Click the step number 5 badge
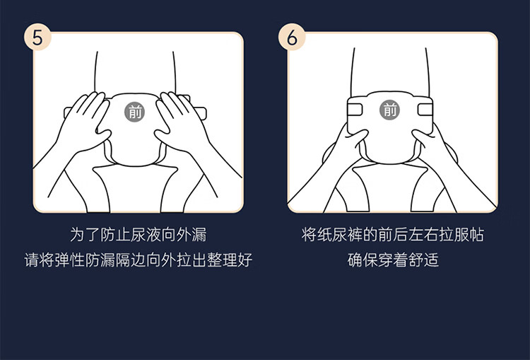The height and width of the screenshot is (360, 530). pyautogui.click(x=37, y=37)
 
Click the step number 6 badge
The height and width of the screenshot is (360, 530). pyautogui.click(x=292, y=37)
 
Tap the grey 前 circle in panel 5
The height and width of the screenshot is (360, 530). pyautogui.click(x=134, y=112)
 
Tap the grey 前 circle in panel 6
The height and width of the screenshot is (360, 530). pyautogui.click(x=389, y=110)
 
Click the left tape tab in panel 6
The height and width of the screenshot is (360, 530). pyautogui.click(x=355, y=110)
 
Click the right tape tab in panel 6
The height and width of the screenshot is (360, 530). pyautogui.click(x=425, y=110)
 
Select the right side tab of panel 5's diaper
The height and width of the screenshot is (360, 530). pyautogui.click(x=199, y=113)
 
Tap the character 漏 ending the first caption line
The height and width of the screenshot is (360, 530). pyautogui.click(x=199, y=235)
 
